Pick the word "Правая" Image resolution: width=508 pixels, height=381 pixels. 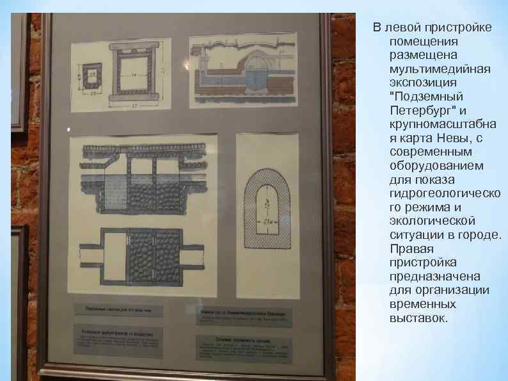[411, 248]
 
